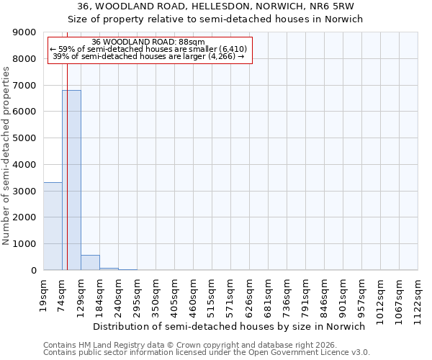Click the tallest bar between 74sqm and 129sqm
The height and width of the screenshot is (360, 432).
(x=71, y=180)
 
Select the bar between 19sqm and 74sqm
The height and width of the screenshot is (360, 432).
(x=53, y=226)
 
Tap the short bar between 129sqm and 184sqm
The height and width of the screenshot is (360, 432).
(x=90, y=263)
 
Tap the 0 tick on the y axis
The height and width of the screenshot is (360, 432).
(x=34, y=271)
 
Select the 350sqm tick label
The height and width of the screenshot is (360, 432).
(x=156, y=294)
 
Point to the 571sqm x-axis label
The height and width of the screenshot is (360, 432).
(x=231, y=294)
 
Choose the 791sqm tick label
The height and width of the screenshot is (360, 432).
(x=306, y=294)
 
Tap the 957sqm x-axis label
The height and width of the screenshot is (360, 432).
(x=362, y=294)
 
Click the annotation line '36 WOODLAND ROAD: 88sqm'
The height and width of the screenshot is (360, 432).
(x=149, y=42)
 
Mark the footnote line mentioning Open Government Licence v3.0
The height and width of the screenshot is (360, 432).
(x=207, y=353)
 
